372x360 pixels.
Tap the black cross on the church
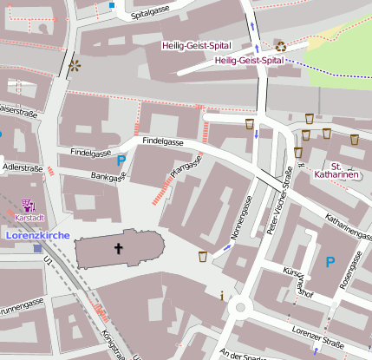118,249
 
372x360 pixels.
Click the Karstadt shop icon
26,206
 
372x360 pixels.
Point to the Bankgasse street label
108,176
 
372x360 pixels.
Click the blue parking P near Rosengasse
330,260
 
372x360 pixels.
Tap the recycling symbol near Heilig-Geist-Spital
281,46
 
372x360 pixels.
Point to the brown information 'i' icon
223,296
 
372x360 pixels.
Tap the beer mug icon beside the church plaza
203,256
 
